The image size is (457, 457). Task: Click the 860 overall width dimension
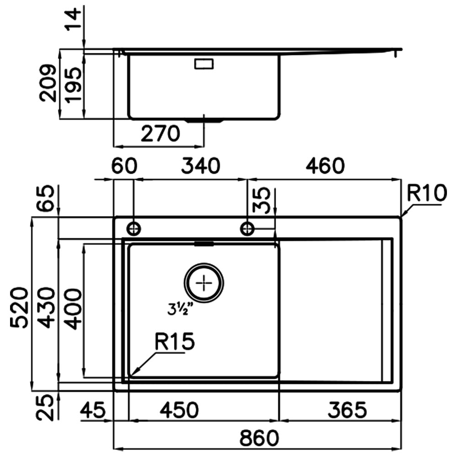(x=259, y=438)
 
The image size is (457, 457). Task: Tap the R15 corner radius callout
(x=174, y=341)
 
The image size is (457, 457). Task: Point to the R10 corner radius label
(x=426, y=193)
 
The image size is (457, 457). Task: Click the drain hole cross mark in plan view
(x=204, y=283)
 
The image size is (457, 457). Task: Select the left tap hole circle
(x=134, y=229)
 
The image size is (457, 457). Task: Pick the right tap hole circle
(x=247, y=229)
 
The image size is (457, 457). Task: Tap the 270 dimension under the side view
(x=160, y=134)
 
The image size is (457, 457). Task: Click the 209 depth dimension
(x=48, y=83)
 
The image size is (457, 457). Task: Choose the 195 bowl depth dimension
(x=73, y=85)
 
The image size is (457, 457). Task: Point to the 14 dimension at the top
(x=72, y=19)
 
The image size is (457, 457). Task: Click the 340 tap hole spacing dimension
(x=201, y=166)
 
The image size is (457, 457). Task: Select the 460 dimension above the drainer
(x=325, y=166)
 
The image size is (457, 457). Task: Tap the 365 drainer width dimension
(x=347, y=410)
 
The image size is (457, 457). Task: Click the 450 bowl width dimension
(x=179, y=410)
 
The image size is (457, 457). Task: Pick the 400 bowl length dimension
(x=72, y=309)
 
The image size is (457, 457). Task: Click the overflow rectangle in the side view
(x=204, y=64)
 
